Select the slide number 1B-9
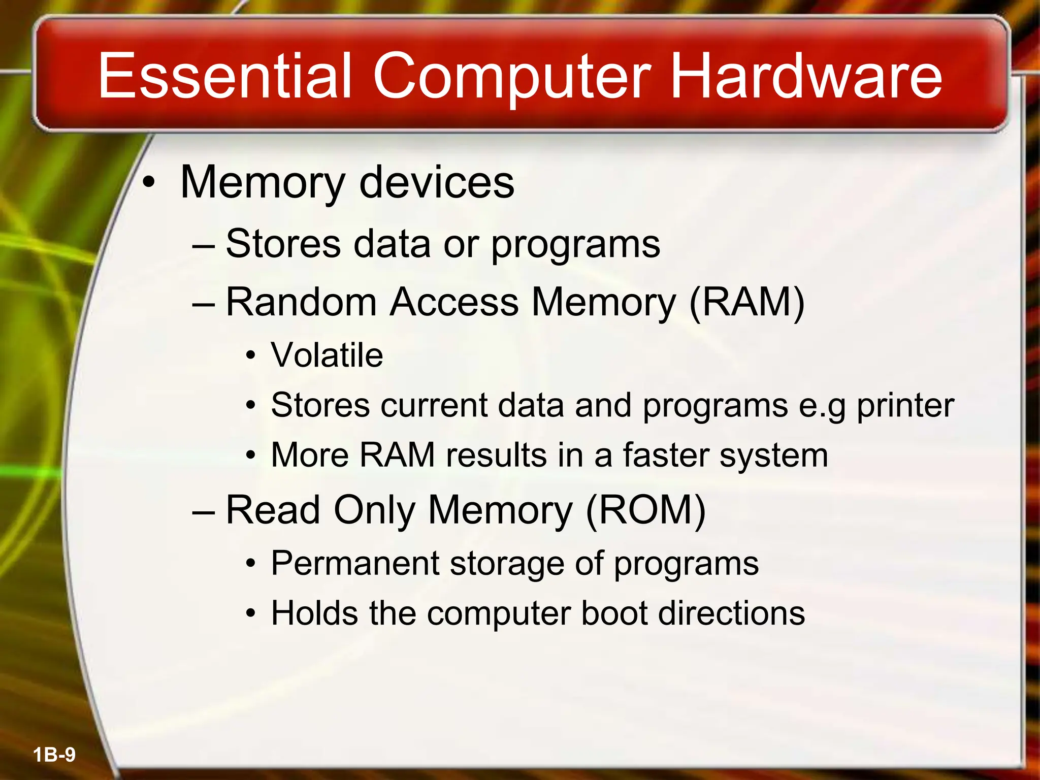54,755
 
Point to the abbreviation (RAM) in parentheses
746,303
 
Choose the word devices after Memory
437,182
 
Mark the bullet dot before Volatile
250,356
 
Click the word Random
301,303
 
